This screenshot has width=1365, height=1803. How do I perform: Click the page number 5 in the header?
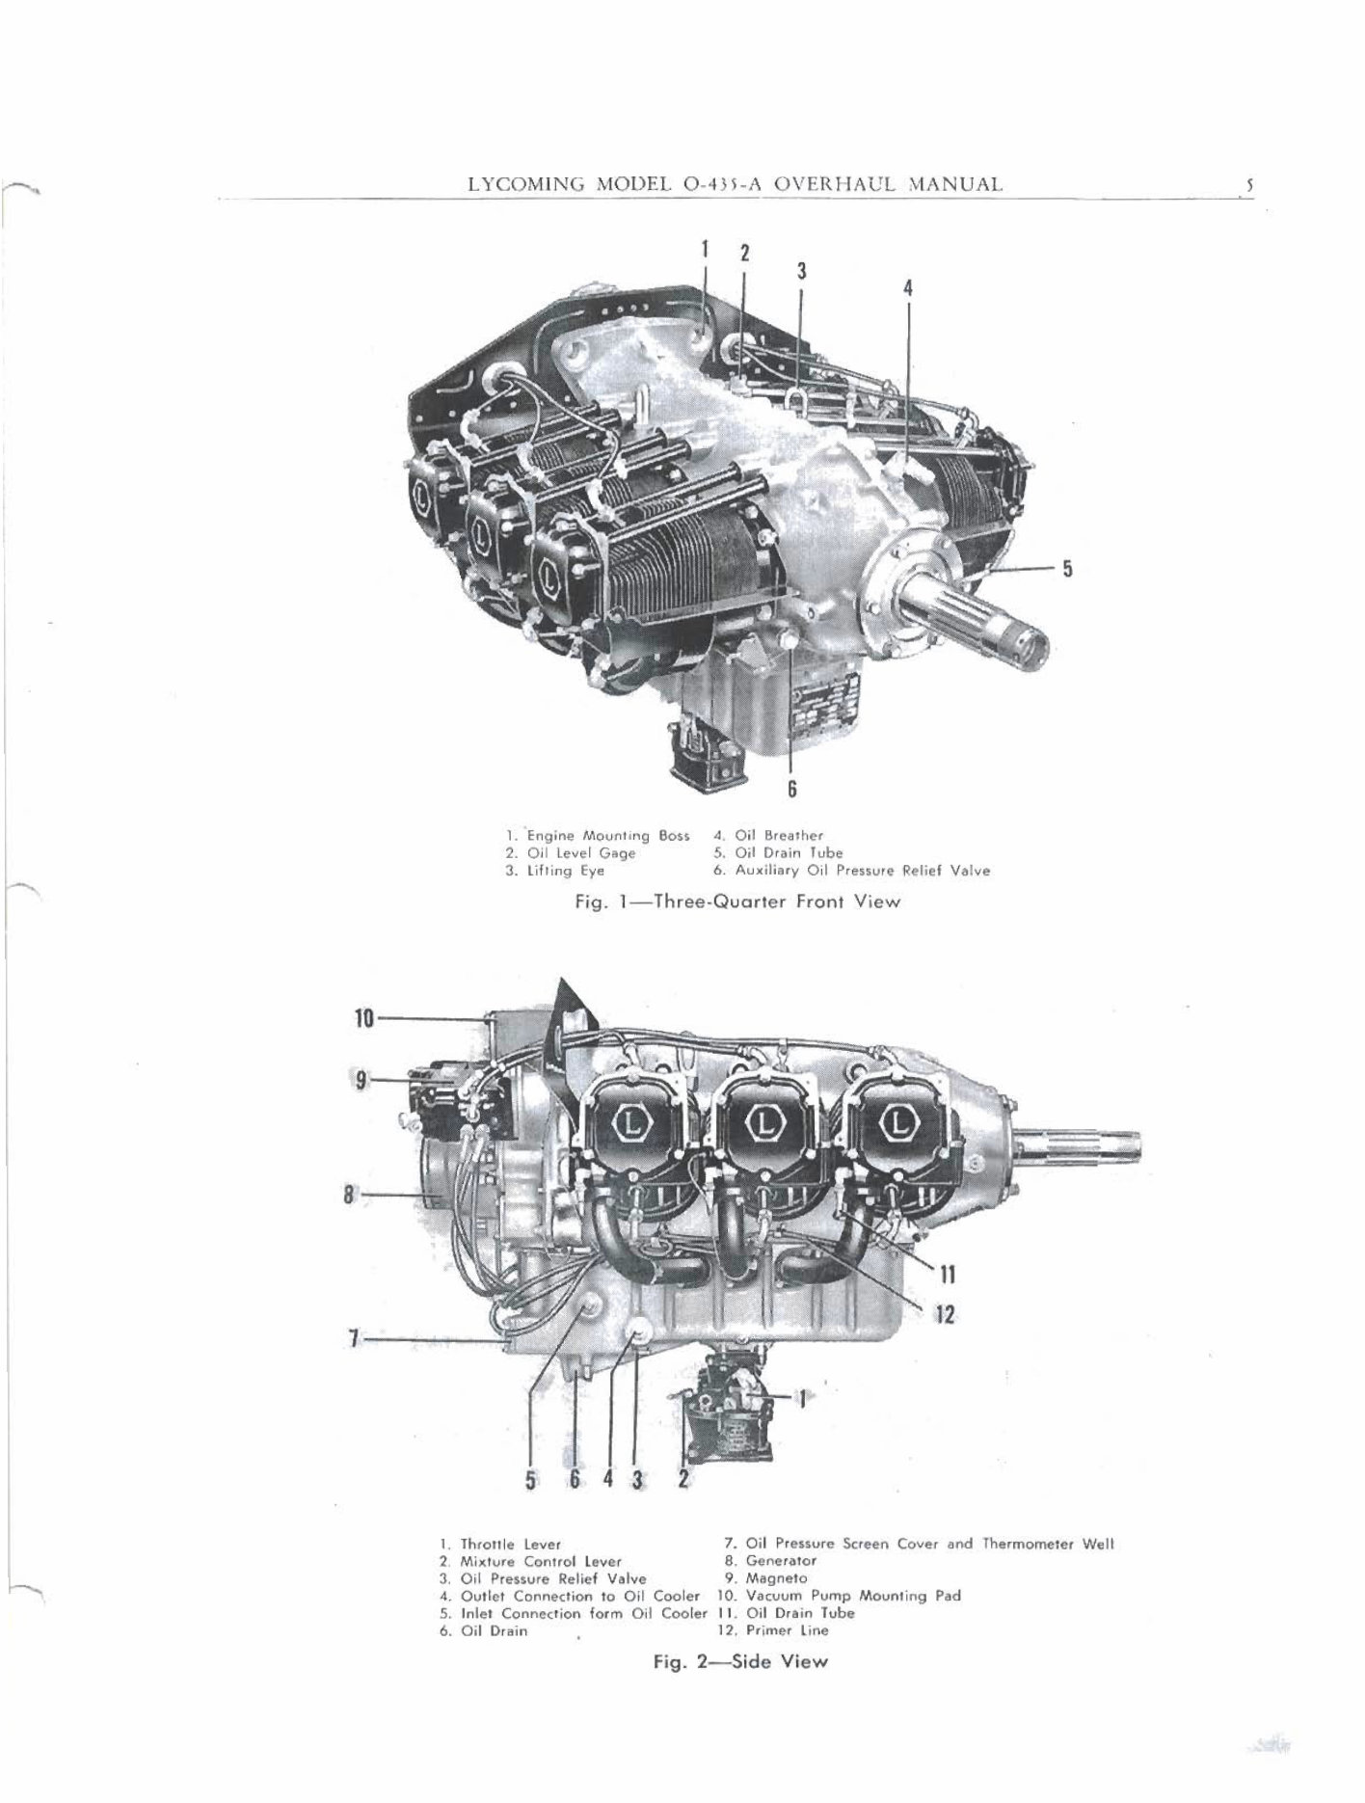click(x=1247, y=184)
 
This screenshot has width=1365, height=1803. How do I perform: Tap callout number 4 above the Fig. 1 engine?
click(x=907, y=287)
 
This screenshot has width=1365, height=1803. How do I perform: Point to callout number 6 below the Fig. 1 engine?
click(x=791, y=789)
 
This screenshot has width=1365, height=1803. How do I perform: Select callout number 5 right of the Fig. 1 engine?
click(x=1067, y=568)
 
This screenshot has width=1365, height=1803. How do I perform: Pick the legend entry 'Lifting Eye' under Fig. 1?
click(x=555, y=871)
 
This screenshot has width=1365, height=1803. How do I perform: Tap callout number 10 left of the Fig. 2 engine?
click(x=363, y=1018)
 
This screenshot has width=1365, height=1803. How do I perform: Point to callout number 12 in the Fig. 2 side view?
click(x=945, y=1313)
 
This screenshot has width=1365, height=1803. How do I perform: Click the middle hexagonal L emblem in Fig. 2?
click(x=766, y=1123)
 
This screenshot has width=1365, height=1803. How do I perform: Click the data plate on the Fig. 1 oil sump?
click(x=819, y=712)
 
